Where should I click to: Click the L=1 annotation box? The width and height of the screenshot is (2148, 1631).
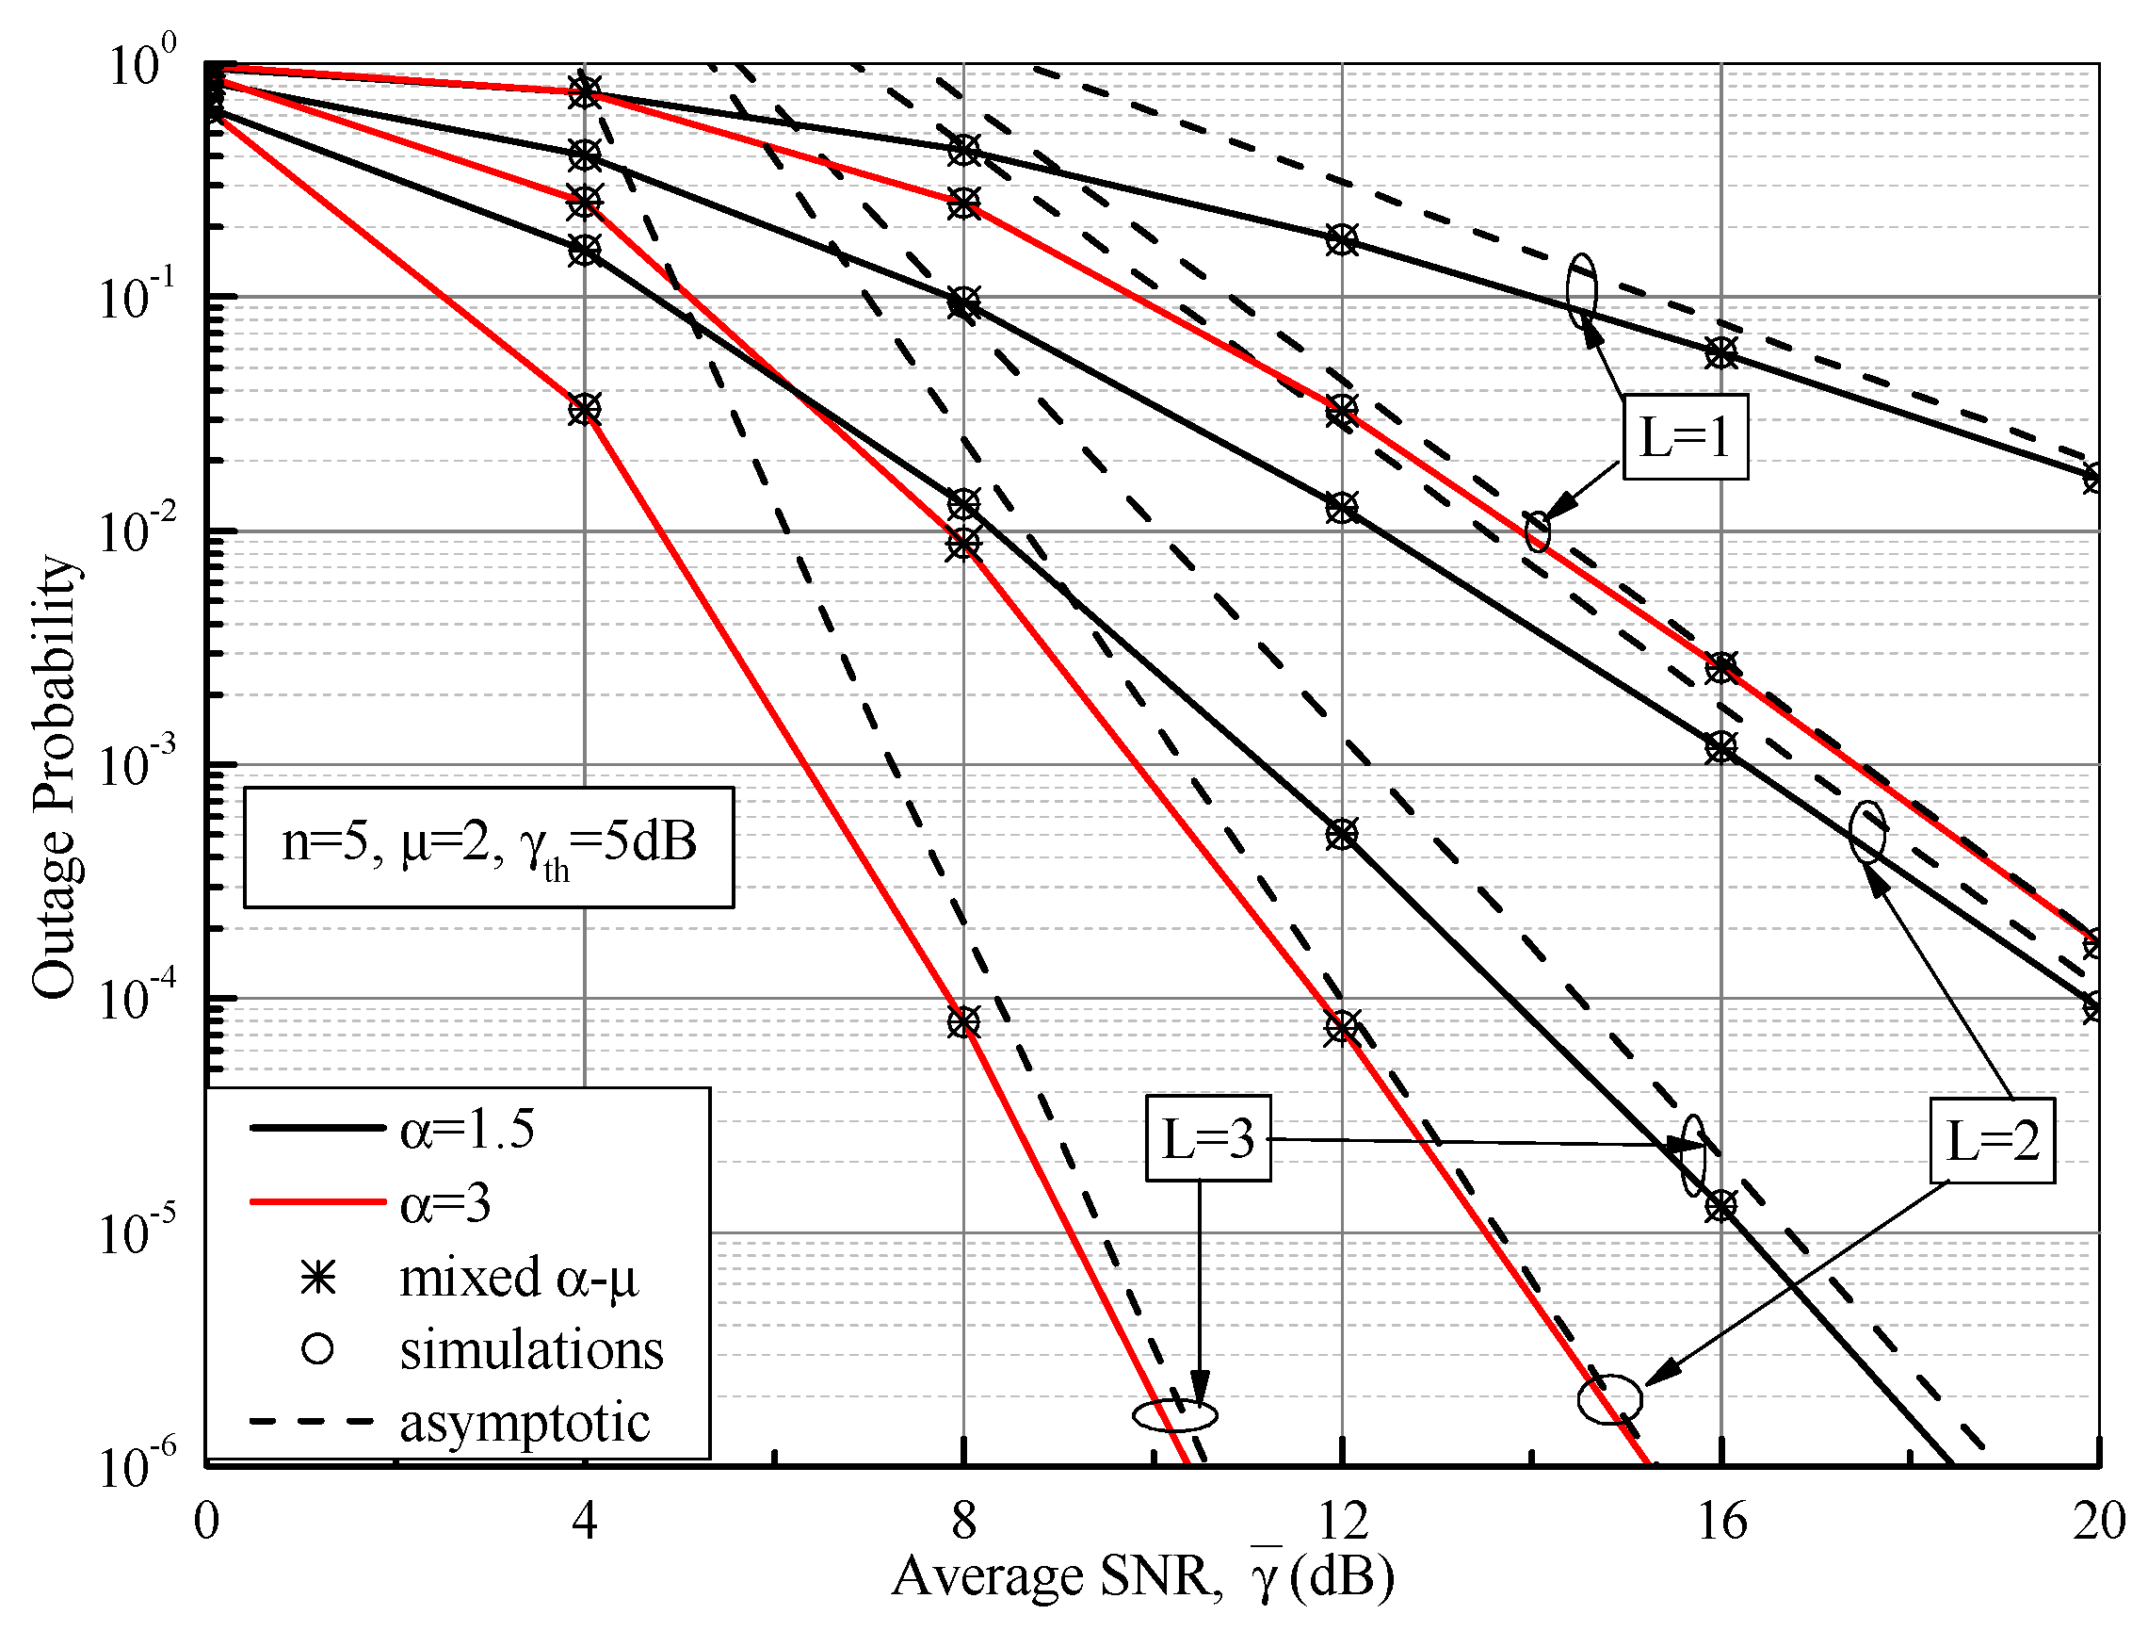pos(1685,437)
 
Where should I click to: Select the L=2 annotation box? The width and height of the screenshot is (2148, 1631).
pos(1992,1141)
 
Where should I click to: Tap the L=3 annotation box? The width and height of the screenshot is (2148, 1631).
pos(1208,1138)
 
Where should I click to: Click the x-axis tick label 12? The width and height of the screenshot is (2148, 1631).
pos(1342,1520)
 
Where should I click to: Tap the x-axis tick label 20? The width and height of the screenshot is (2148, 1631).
pos(2097,1520)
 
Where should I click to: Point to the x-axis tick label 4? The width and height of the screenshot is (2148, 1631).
pos(585,1520)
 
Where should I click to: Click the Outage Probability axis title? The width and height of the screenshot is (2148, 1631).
pos(54,777)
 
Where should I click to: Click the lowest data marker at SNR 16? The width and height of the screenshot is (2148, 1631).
pos(1720,1206)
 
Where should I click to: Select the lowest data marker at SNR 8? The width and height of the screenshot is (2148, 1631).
pos(963,1022)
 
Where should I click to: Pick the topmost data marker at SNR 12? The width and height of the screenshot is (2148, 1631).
pos(1342,239)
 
